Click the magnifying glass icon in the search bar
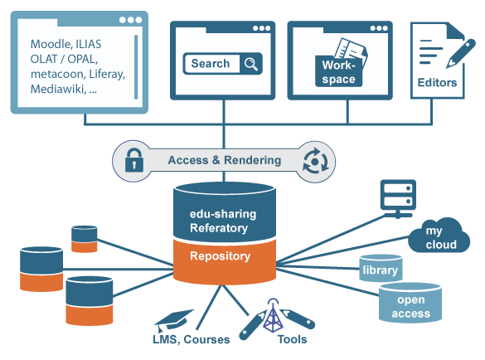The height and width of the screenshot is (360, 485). pyautogui.click(x=251, y=64)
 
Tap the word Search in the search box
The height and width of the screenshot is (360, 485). pyautogui.click(x=211, y=64)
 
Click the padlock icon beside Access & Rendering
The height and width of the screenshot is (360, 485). pyautogui.click(x=134, y=160)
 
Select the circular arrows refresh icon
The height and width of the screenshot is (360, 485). pyautogui.click(x=316, y=161)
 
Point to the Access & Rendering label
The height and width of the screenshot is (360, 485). pyautogui.click(x=225, y=160)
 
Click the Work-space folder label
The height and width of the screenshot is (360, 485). pyautogui.click(x=339, y=72)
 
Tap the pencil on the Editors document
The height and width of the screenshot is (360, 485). pyautogui.click(x=461, y=53)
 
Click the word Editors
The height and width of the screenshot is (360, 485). pyautogui.click(x=437, y=83)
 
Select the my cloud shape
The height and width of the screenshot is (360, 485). pyautogui.click(x=439, y=236)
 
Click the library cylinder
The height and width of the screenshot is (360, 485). pyautogui.click(x=381, y=268)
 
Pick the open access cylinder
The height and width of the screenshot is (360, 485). pyautogui.click(x=410, y=303)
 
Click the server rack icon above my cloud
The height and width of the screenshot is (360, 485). pyautogui.click(x=398, y=199)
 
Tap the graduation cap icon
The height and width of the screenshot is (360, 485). pyautogui.click(x=173, y=319)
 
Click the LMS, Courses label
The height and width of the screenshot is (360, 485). pyautogui.click(x=192, y=339)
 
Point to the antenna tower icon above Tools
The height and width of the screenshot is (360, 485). pyautogui.click(x=273, y=315)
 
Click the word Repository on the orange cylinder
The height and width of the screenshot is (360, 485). pyautogui.click(x=220, y=256)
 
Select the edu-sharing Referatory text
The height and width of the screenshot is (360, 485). pyautogui.click(x=223, y=221)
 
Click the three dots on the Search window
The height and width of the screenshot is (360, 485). pyautogui.click(x=261, y=28)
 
